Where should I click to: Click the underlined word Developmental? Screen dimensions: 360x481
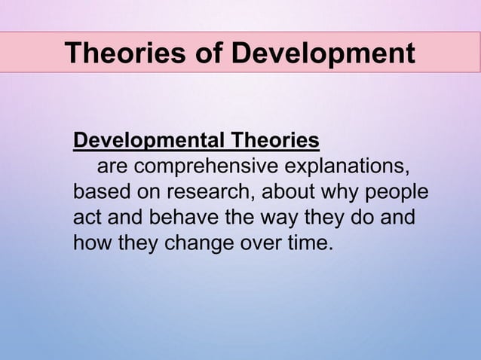[x=148, y=141]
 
